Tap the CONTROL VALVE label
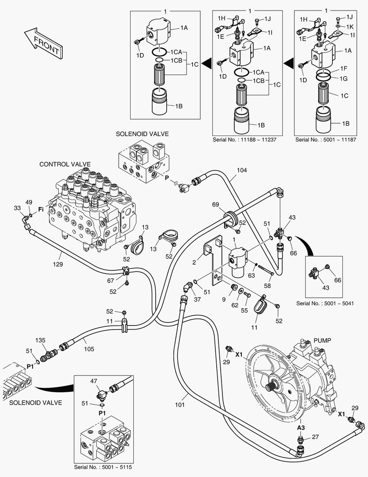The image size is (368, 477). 65,164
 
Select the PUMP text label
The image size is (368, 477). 322,341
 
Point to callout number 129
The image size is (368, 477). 58,265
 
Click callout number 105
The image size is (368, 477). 89,348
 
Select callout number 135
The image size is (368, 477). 41,340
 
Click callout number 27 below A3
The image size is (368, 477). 315,437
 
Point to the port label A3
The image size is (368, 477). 301,428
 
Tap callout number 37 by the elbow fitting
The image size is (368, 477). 197,299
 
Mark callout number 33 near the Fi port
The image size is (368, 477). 17,208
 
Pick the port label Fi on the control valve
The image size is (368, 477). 41,208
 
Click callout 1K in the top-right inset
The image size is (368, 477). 349,26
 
